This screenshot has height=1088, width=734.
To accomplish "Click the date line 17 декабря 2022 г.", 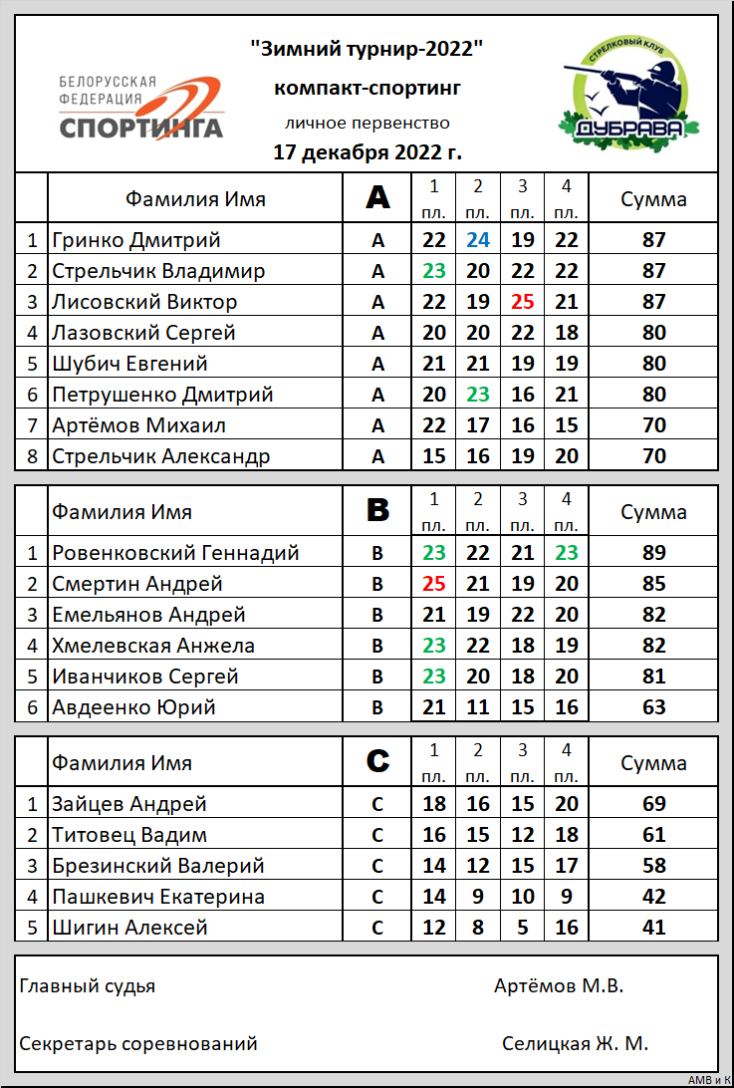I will click(367, 152).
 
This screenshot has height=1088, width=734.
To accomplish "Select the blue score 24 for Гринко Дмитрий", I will click(478, 239).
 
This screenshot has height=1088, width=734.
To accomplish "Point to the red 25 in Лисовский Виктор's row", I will click(522, 301).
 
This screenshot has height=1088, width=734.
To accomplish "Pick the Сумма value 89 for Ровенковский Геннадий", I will click(653, 553).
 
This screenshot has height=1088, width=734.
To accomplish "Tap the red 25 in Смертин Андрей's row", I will click(434, 584).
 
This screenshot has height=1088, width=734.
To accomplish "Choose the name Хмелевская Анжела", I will click(153, 646).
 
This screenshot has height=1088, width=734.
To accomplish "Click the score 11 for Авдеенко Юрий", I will click(478, 707).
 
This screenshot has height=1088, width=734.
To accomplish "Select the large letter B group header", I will click(377, 512).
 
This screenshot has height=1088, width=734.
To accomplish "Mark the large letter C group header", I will click(377, 763).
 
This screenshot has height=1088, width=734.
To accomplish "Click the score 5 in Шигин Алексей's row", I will click(522, 928).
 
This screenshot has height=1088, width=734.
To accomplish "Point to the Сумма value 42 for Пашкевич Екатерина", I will click(653, 897).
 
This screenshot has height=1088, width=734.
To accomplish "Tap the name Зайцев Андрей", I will click(129, 804).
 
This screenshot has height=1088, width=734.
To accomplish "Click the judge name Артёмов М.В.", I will click(558, 986).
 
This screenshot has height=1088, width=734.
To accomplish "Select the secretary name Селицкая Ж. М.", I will click(575, 1043).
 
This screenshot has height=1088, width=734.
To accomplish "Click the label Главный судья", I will click(88, 986).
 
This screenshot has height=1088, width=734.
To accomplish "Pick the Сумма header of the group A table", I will click(653, 198).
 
